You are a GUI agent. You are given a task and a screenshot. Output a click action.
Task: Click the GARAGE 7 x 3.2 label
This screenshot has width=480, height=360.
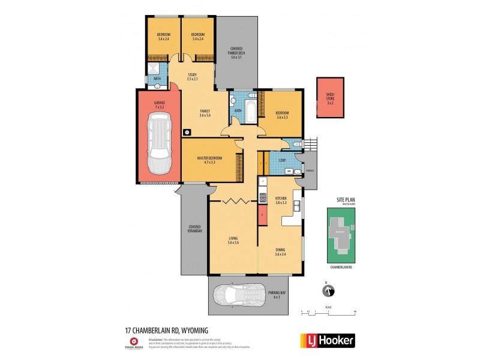point(160,104)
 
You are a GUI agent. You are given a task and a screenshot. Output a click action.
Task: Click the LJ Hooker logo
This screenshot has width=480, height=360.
point(327,341)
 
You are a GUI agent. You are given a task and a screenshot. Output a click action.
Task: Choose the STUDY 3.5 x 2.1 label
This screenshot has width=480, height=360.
point(191,77)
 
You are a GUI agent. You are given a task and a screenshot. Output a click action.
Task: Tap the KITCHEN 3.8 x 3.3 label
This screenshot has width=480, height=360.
point(281,200)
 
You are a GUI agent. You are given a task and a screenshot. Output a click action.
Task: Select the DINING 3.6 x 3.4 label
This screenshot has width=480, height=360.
point(280,252)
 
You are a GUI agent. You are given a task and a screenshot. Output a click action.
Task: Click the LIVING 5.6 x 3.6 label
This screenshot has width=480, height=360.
point(233,240)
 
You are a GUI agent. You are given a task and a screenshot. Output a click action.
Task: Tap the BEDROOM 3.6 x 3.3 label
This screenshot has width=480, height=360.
point(282,115)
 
